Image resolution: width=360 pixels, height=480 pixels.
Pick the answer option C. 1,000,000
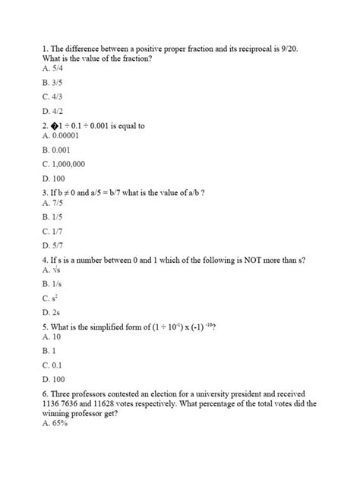pyautogui.click(x=64, y=164)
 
